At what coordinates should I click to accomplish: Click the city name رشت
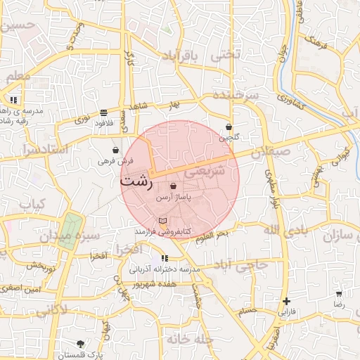pos(136,180)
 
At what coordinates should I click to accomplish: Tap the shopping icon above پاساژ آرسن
pos(173,186)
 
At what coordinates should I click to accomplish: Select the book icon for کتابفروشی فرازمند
pos(162,221)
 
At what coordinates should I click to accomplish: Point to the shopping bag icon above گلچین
pos(229,127)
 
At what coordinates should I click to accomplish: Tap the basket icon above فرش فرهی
pos(115,150)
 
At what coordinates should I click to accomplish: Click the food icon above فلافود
pos(104,112)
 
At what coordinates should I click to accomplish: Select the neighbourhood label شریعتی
pos(205,170)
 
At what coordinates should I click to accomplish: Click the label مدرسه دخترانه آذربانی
pos(165,269)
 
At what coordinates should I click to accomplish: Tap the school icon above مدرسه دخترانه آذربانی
pos(165,258)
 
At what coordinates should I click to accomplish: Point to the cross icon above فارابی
pos(285,301)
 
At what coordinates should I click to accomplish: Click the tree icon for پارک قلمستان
pos(80,344)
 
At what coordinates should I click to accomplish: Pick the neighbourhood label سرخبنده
pos(235,95)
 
